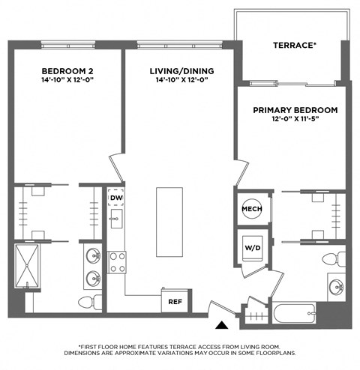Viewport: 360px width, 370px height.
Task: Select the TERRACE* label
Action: [293, 46]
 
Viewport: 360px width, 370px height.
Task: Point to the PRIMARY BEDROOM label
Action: [295, 110]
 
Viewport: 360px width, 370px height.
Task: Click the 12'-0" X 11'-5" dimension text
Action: [295, 120]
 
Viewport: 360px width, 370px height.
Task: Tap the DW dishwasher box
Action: [116, 198]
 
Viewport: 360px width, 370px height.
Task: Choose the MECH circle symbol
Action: [251, 209]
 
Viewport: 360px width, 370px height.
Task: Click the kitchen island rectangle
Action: [169, 222]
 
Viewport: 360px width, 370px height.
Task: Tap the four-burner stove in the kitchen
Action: [117, 261]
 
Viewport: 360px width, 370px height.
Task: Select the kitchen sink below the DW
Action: [116, 220]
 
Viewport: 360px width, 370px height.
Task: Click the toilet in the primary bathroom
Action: [331, 258]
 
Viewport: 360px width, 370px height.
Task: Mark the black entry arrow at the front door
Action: [221, 325]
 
